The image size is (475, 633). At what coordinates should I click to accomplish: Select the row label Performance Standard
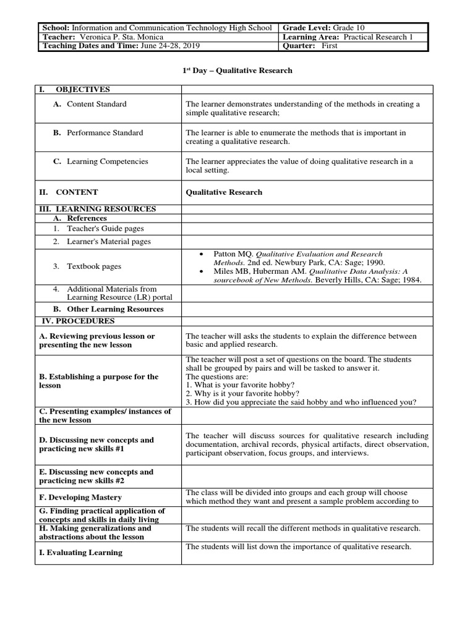(x=105, y=132)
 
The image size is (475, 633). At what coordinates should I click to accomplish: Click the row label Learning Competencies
(x=107, y=161)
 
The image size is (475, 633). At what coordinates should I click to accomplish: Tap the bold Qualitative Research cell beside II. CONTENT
(x=224, y=192)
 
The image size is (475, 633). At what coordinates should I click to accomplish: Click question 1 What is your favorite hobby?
(x=236, y=384)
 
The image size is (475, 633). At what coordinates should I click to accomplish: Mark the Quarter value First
(x=330, y=46)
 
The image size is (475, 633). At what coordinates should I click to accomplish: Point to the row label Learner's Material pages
(x=109, y=242)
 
